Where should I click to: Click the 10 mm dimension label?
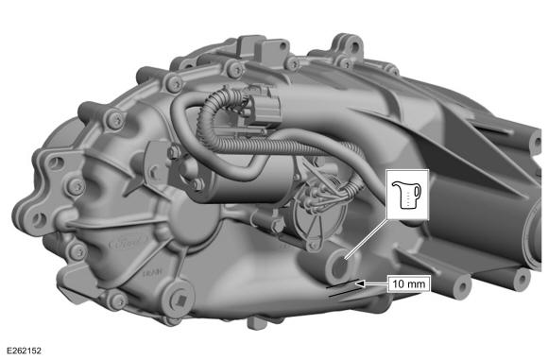tap(408, 283)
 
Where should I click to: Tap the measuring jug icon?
tap(407, 195)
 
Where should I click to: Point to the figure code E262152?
tap(25, 351)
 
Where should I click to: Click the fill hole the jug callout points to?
tap(340, 266)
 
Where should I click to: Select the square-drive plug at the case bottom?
tap(181, 300)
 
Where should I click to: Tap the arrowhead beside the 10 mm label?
tap(360, 283)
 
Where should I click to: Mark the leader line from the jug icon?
tap(367, 239)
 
